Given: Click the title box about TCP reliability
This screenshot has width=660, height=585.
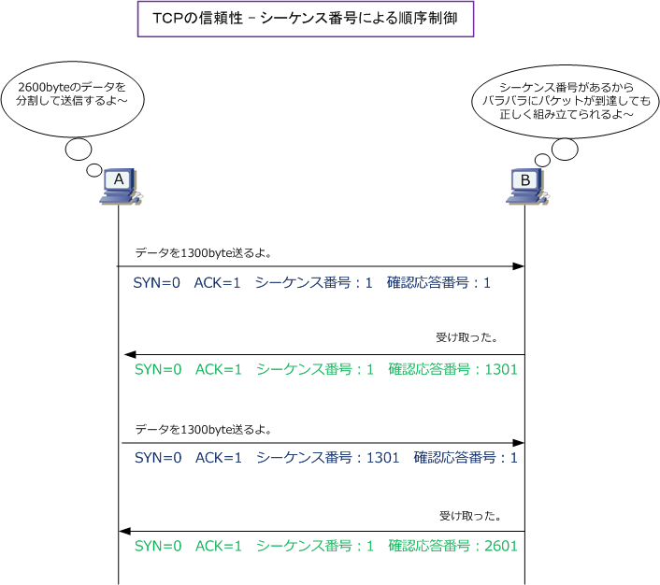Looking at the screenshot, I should (306, 19).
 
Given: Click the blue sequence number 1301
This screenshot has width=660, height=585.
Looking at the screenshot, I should (381, 458).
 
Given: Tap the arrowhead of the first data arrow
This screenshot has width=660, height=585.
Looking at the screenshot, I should (517, 267).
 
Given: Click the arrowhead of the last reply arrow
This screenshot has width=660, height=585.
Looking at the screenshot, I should (125, 531).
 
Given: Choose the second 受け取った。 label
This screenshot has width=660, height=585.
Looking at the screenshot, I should (470, 515).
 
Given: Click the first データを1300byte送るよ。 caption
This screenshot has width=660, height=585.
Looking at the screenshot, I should (204, 252).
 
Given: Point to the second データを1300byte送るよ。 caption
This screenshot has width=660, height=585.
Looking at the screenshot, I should (204, 430).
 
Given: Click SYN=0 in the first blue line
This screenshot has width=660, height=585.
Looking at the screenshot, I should (157, 282).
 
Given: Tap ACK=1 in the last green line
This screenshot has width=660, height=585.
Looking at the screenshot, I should (219, 546).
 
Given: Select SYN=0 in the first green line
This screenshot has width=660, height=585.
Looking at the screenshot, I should (158, 370).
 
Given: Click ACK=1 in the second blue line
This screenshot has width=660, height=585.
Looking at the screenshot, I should (219, 458).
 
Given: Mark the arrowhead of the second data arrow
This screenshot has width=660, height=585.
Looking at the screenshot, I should (517, 443).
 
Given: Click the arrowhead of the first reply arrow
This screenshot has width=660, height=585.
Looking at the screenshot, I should (131, 355).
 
